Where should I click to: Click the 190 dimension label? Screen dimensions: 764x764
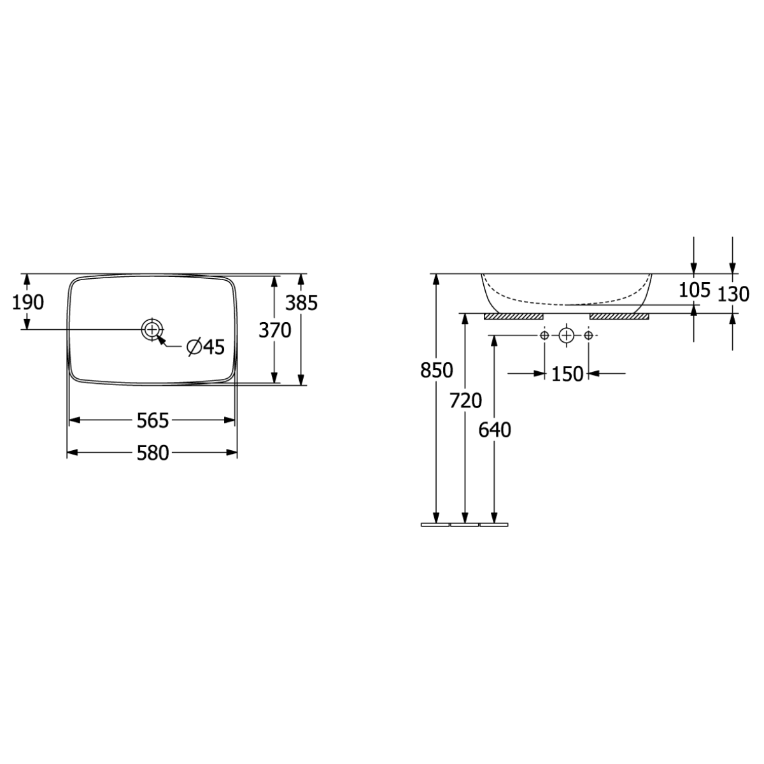28,303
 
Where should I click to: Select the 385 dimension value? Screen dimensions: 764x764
302,303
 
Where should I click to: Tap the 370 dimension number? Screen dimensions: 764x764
275,330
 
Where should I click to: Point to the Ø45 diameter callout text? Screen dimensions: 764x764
206,347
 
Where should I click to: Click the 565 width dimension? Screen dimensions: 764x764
153,420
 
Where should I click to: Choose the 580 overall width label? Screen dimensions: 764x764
153,453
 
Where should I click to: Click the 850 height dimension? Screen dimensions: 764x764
436,371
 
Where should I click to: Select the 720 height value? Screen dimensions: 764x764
465,400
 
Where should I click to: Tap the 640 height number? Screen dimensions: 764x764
495,430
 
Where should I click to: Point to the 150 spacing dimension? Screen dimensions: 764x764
567,374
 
